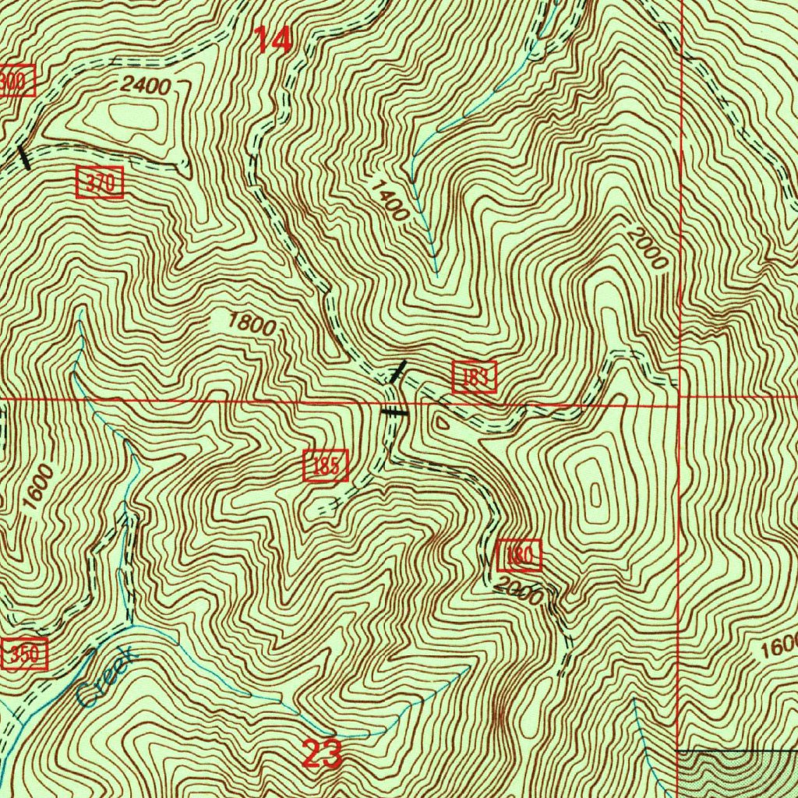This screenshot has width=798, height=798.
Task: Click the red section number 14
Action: (273, 40)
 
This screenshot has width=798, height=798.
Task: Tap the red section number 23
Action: (322, 754)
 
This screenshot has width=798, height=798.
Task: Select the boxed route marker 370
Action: (100, 184)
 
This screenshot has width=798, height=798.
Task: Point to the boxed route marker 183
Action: (475, 377)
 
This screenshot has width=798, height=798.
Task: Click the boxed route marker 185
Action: (326, 466)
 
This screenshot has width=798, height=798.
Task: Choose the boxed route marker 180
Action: (518, 555)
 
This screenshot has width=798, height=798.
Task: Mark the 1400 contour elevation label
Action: (389, 200)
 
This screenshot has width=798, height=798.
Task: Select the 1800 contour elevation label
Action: (252, 323)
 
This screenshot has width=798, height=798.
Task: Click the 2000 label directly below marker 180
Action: (518, 593)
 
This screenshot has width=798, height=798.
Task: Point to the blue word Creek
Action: (108, 677)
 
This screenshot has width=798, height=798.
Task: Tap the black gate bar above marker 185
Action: (394, 411)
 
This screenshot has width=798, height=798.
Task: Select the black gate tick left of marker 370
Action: (25, 157)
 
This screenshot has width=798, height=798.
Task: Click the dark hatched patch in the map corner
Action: (736, 773)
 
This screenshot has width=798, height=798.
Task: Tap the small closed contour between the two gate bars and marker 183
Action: (441, 422)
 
